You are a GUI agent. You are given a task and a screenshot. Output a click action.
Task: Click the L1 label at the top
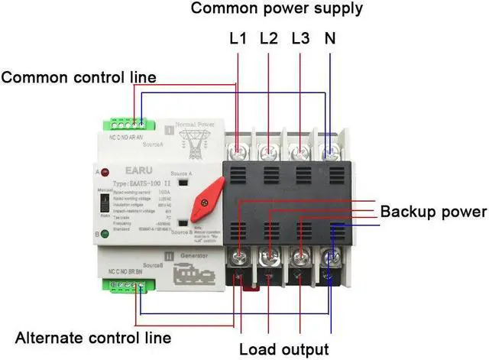click(x=238, y=38)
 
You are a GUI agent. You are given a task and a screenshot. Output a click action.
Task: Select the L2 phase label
click(x=269, y=38)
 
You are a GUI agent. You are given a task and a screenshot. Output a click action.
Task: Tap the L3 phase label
click(x=300, y=38)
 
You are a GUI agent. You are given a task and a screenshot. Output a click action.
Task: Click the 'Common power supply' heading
click(x=277, y=9)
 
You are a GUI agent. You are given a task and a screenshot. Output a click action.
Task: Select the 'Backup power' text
click(x=433, y=212)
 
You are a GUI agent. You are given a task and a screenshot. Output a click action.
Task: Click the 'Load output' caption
click(x=283, y=350)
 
